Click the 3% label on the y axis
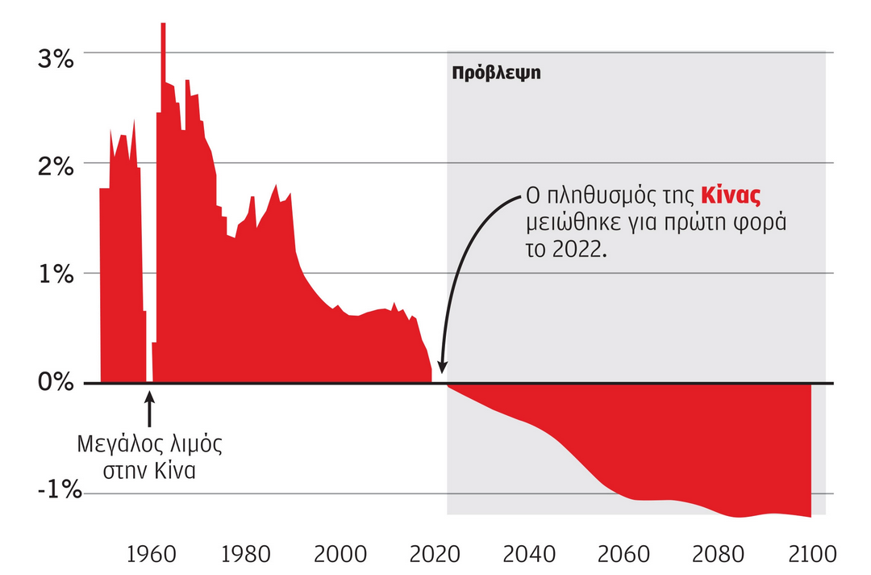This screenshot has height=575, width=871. click(x=56, y=59)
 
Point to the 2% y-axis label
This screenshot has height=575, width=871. click(x=56, y=169)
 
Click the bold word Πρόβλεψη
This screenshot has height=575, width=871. click(x=495, y=73)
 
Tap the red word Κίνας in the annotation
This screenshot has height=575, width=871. click(x=731, y=195)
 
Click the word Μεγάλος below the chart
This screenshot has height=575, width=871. click(x=115, y=444)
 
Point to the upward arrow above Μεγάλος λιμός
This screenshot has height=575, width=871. click(x=148, y=408)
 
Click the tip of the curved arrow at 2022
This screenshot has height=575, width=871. click(x=442, y=373)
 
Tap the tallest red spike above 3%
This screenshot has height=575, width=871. click(x=163, y=32)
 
